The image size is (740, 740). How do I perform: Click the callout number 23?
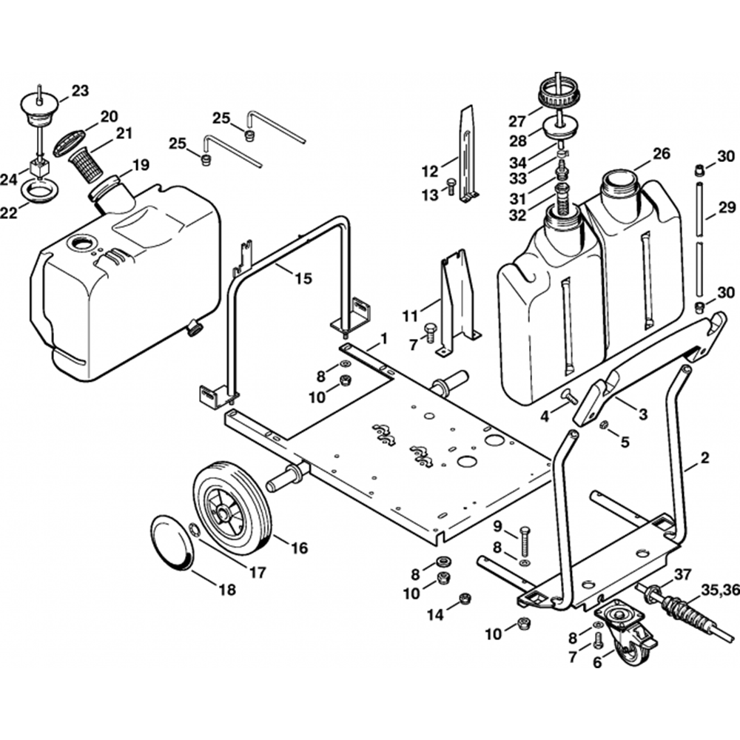(x=80, y=91)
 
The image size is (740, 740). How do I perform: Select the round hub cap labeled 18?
(x=172, y=543)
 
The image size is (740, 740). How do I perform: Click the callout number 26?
(x=661, y=155)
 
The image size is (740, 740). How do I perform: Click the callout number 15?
(x=303, y=278)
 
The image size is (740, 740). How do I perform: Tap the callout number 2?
(x=704, y=459)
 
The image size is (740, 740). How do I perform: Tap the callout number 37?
(x=682, y=574)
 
